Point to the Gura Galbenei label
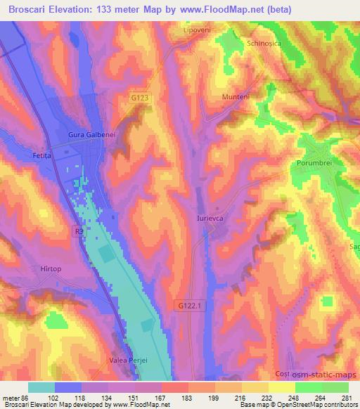[91, 134]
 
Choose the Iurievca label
[210, 219]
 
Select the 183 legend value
[188, 398]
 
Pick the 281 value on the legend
[347, 398]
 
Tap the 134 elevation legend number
[107, 398]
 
